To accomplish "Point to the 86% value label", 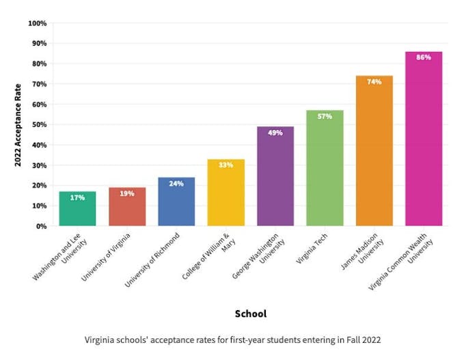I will click(424, 57).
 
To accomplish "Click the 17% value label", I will click(77, 197).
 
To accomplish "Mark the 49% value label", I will click(275, 133).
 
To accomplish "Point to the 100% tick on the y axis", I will click(38, 23).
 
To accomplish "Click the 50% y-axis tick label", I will click(39, 125).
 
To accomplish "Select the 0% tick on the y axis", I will click(41, 226).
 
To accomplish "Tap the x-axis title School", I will click(251, 314).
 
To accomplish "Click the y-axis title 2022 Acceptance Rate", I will click(18, 125).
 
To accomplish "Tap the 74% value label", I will click(374, 81).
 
